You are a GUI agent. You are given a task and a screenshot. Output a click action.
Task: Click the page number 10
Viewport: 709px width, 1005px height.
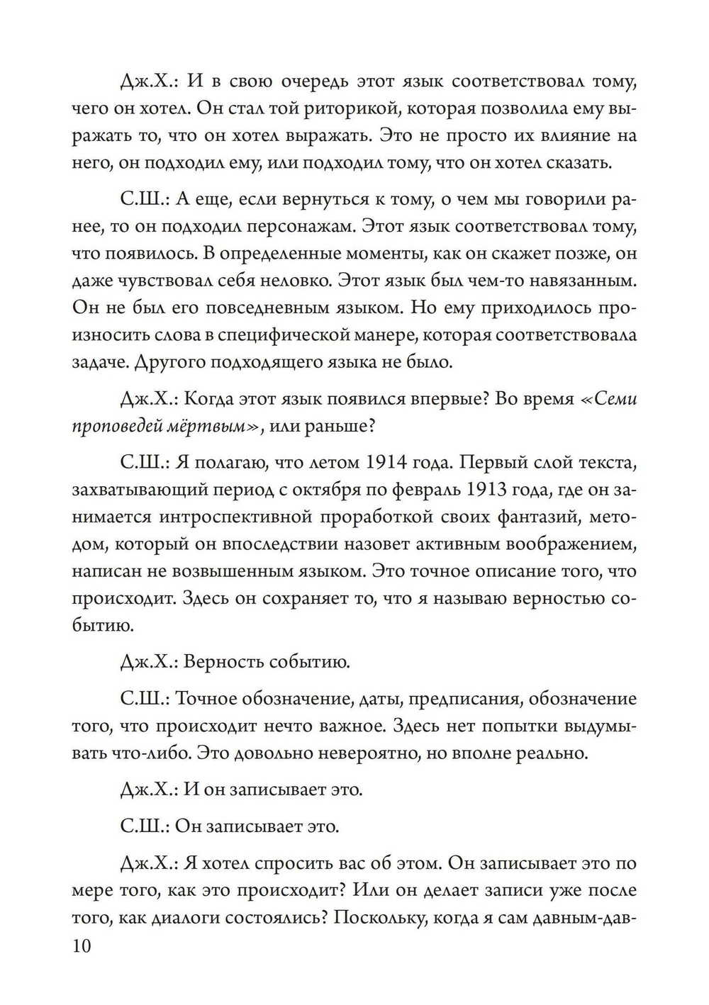(x=82, y=946)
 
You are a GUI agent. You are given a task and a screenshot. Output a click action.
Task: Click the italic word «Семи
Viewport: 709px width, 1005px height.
(x=609, y=398)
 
